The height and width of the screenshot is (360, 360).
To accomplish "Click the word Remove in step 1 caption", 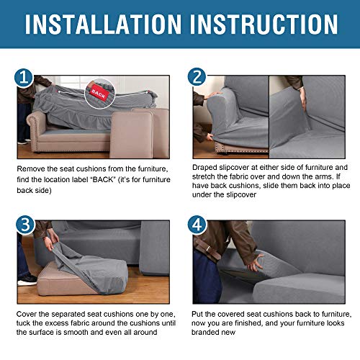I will click(x=32, y=168).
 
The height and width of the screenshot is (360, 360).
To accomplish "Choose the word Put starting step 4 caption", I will click(x=199, y=315).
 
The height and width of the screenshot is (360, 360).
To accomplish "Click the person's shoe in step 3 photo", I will click(x=27, y=280).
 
